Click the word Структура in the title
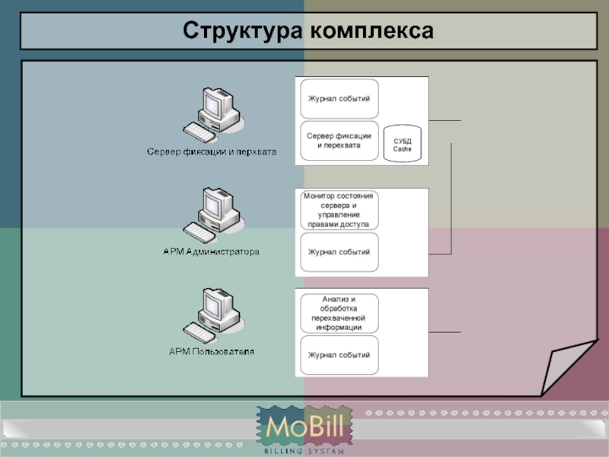(241, 30)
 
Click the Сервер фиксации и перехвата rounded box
(339, 140)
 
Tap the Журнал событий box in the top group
(339, 99)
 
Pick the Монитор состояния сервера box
(339, 210)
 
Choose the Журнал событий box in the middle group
(339, 252)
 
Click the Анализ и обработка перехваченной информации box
(339, 313)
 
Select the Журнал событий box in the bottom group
(339, 355)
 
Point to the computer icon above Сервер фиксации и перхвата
(213, 114)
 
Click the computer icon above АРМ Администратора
(213, 214)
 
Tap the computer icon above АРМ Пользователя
(213, 314)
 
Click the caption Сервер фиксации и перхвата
(211, 152)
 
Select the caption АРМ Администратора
(211, 251)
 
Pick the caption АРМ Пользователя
(211, 351)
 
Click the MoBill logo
(304, 427)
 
